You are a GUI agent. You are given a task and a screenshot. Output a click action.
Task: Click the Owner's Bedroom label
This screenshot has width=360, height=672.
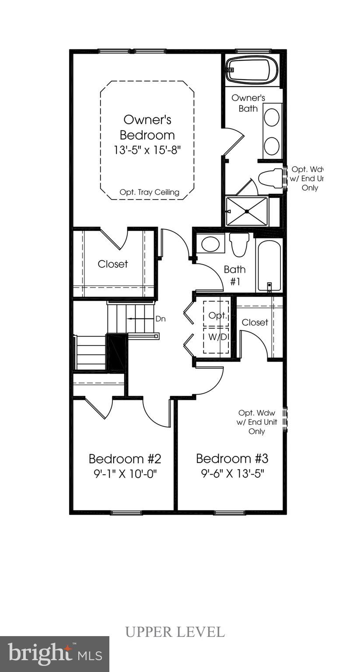(147, 127)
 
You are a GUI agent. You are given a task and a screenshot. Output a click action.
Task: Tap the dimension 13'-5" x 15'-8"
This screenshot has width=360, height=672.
(147, 150)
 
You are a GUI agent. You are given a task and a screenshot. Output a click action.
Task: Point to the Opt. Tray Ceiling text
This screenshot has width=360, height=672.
(150, 192)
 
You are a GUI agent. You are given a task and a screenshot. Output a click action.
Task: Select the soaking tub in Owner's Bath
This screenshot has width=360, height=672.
(252, 70)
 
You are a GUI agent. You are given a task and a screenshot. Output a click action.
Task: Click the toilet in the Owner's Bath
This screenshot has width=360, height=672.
(270, 178)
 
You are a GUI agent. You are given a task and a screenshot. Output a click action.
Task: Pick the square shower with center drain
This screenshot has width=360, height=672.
(247, 211)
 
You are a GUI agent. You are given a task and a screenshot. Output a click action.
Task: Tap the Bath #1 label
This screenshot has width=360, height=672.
(235, 275)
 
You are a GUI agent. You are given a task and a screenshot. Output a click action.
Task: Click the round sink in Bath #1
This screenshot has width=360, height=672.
(210, 244)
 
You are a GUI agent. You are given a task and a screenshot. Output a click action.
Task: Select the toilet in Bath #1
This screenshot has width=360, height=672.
(239, 244)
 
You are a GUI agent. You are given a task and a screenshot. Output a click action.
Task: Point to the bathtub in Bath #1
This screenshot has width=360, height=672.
(269, 266)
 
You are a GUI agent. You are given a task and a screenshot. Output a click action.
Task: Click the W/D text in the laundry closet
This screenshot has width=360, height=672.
(217, 337)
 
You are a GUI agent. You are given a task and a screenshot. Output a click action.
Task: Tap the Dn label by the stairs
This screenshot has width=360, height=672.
(161, 319)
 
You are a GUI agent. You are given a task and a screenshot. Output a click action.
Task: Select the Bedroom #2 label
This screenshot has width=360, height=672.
(125, 459)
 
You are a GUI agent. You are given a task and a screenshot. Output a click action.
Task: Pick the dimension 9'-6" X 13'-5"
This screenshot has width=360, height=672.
(232, 473)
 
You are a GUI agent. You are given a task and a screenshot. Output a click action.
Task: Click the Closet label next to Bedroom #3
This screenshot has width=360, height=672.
(255, 322)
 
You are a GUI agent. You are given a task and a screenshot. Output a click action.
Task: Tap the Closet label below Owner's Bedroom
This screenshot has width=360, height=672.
(113, 264)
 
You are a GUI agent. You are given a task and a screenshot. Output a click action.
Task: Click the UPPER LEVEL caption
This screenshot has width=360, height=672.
(175, 632)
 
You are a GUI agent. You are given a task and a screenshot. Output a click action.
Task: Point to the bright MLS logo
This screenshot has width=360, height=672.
(55, 654)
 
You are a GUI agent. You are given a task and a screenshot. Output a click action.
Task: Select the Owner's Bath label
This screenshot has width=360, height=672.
(248, 103)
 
